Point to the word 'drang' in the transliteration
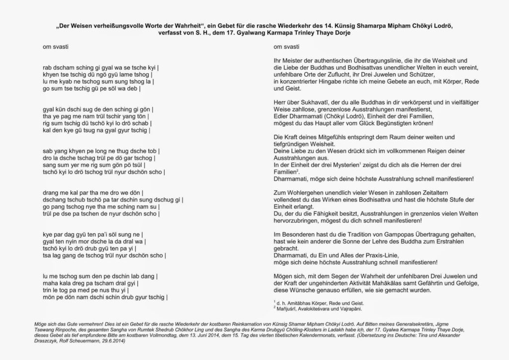[x=52, y=192]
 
